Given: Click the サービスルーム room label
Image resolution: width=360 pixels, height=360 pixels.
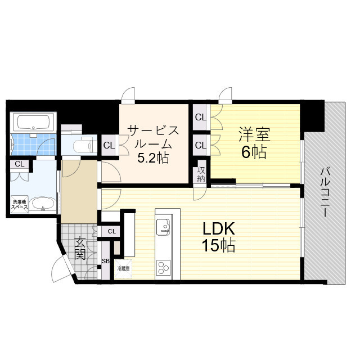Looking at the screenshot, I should pos(153,137).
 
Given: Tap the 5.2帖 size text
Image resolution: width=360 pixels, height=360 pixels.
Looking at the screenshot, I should pos(153,158).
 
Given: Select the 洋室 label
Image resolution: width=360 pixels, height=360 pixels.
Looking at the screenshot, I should pos(254,134).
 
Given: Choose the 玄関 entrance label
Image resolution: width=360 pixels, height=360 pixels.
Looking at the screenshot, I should pos(80,248).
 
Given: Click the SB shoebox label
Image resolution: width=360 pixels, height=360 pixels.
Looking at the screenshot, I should pos(105,261).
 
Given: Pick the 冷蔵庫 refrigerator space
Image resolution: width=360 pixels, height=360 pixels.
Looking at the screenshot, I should pos(123,268).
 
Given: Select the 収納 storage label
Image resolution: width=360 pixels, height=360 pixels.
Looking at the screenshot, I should pos(201,174).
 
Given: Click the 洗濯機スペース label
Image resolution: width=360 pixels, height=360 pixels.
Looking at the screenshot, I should pos(20,204).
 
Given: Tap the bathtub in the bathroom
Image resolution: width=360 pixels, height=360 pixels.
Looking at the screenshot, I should pos(33,122).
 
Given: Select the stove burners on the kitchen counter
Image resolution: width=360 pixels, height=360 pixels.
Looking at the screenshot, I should pos(165,266).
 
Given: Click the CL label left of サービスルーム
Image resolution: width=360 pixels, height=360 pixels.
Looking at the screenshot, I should pos(109,146).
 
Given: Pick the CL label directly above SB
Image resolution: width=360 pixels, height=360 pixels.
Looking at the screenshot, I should pos(111,231).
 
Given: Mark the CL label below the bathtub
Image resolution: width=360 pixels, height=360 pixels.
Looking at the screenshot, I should pos(20,164).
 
